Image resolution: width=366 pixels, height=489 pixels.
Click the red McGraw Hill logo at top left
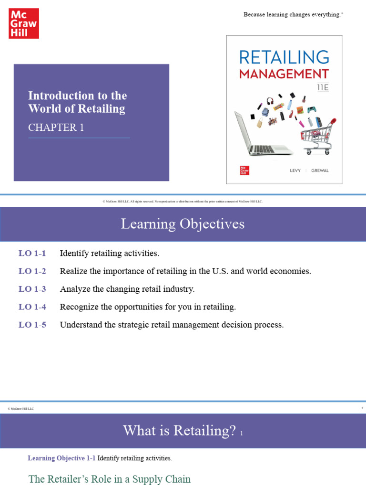click(x=23, y=23)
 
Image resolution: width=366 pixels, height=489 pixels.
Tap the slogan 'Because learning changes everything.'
click(x=293, y=15)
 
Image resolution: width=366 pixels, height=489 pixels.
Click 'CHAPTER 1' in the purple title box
click(x=52, y=128)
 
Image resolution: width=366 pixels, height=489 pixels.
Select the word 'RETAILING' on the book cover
click(x=284, y=57)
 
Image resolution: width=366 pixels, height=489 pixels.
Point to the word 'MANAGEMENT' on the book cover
click(x=284, y=74)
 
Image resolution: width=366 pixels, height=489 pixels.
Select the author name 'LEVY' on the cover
click(x=295, y=170)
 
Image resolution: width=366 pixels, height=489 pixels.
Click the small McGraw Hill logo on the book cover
click(x=245, y=170)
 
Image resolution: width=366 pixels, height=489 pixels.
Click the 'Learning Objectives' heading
click(x=183, y=224)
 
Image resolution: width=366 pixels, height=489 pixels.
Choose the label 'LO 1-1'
click(x=32, y=253)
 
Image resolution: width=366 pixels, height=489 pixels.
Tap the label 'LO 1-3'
click(x=32, y=289)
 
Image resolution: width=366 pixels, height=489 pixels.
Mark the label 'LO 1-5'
click(x=32, y=325)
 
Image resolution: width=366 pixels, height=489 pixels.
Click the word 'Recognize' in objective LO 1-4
click(x=78, y=307)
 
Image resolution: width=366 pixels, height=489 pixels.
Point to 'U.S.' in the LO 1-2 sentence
click(x=218, y=271)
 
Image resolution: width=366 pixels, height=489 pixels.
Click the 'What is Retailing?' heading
click(x=179, y=431)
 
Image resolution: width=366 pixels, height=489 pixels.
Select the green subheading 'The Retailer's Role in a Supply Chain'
click(x=110, y=479)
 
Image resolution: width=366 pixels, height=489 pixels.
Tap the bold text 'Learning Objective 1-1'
click(x=61, y=458)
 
